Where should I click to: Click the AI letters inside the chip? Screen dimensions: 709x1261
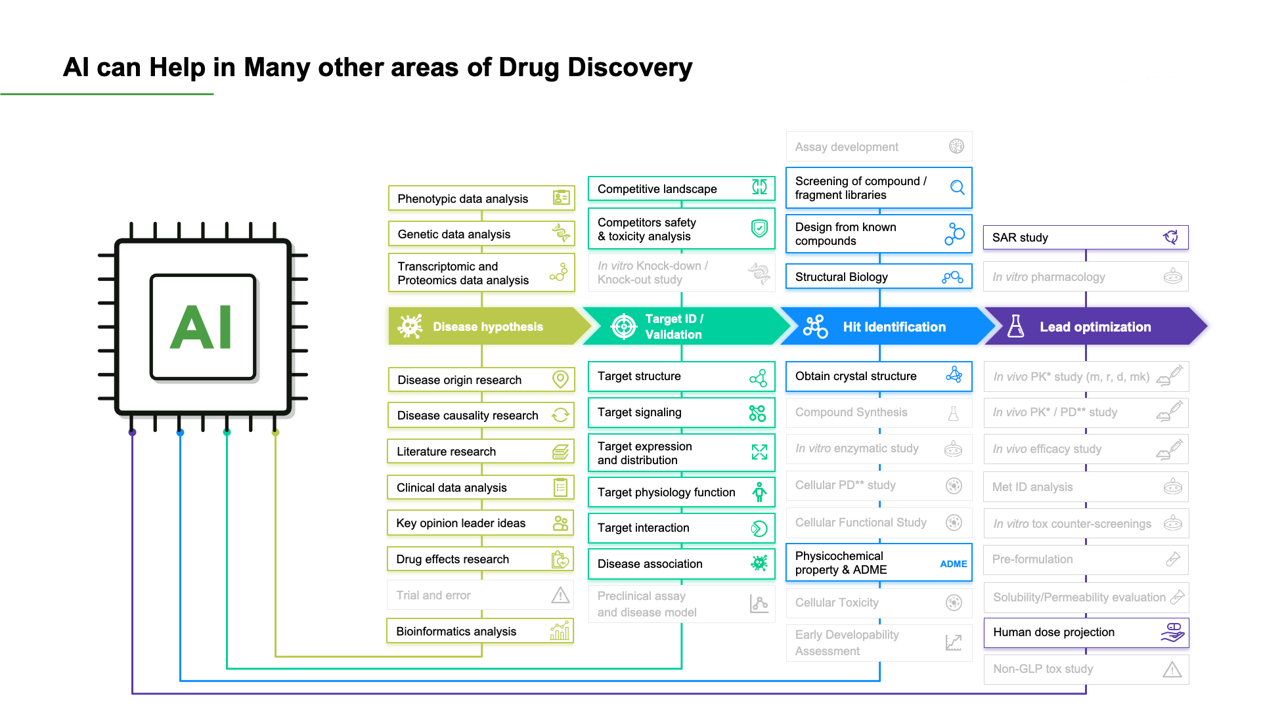tap(202, 327)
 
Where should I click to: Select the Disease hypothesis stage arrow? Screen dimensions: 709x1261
tap(487, 326)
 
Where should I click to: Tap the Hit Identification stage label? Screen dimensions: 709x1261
tap(894, 327)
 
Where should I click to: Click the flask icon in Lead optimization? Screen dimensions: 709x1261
tap(1015, 326)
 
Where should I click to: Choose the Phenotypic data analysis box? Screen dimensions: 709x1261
tap(481, 198)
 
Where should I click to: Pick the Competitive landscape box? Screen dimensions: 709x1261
tap(680, 188)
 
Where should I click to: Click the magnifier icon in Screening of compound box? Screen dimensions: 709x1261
tap(958, 188)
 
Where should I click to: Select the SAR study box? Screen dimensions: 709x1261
tap(1085, 237)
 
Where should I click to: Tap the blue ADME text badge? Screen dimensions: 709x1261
tap(953, 564)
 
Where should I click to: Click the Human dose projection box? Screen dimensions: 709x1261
tap(1085, 632)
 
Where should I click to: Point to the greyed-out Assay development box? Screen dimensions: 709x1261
tap(878, 147)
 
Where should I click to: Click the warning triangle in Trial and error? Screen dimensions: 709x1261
tap(560, 595)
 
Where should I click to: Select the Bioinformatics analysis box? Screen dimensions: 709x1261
tap(479, 631)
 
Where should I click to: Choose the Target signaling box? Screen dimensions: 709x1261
tap(680, 412)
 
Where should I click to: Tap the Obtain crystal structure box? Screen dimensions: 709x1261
tap(878, 376)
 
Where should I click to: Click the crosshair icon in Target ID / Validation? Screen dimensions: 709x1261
tap(623, 326)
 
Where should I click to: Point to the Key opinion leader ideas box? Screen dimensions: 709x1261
tap(479, 523)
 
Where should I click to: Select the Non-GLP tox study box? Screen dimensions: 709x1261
tap(1085, 669)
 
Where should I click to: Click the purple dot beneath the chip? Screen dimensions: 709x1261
tap(133, 433)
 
